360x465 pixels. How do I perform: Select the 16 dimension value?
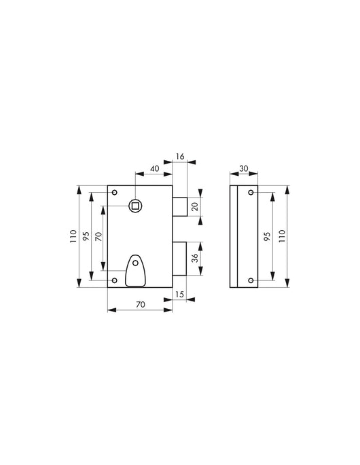point(179,157)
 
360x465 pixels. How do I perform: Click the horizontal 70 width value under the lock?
point(139,305)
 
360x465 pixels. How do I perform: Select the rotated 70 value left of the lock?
point(98,237)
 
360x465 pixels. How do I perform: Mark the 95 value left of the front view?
point(86,237)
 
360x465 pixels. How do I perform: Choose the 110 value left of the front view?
point(73,237)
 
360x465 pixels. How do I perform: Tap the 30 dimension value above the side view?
point(243,168)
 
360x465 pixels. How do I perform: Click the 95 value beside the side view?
point(268,237)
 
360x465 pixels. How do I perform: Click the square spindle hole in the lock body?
point(135,204)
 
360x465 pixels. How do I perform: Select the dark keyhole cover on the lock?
point(136,269)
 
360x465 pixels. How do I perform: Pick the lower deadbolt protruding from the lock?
point(179,259)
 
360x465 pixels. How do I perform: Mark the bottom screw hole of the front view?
point(114,280)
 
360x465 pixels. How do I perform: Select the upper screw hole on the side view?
point(251,193)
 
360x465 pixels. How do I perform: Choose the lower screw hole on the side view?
point(251,280)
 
